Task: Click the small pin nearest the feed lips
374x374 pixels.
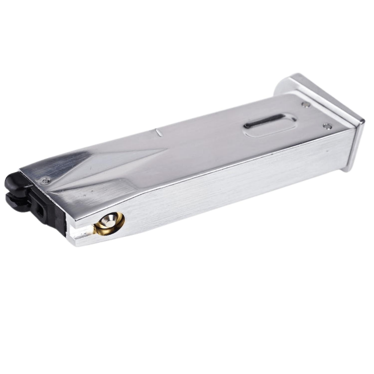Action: tap(46, 181)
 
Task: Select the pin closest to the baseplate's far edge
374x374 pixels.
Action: tap(306, 104)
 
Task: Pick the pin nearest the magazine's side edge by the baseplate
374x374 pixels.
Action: tap(328, 126)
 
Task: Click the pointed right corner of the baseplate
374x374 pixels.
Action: tap(363, 122)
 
